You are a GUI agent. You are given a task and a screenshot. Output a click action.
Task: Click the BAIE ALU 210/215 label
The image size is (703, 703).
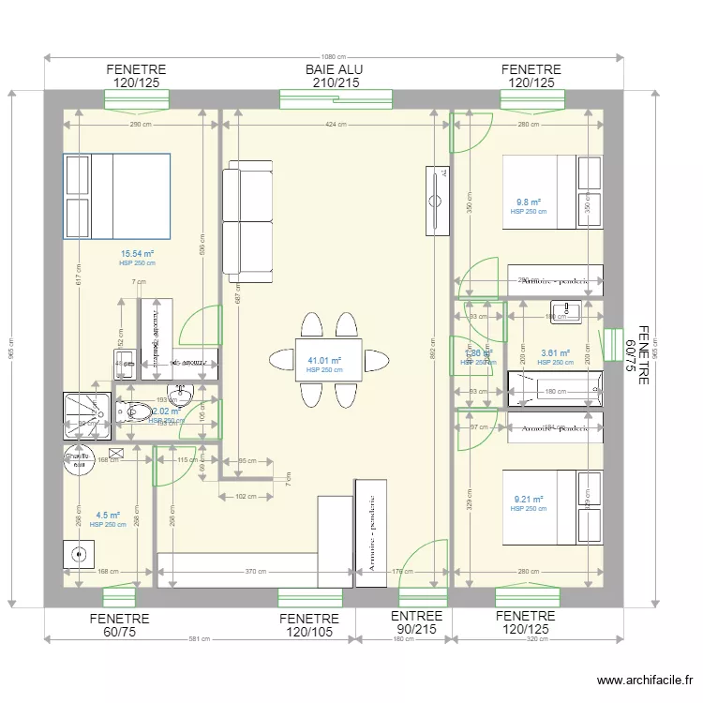(334, 77)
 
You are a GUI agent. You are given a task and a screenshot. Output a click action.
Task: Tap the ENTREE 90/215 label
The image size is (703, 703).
(416, 623)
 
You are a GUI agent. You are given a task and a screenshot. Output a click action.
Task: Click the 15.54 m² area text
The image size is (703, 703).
(137, 254)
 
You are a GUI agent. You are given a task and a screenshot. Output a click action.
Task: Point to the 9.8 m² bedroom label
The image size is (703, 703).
(529, 202)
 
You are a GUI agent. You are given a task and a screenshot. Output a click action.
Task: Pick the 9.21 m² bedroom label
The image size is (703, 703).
(529, 500)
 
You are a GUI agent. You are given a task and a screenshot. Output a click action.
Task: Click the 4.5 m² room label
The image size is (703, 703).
(108, 515)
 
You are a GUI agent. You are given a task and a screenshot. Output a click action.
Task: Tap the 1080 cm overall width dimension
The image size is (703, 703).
(334, 55)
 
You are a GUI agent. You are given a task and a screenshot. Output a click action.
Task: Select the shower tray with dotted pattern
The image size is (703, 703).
(87, 413)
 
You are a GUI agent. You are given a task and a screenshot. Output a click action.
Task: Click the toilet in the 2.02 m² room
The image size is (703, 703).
(136, 411)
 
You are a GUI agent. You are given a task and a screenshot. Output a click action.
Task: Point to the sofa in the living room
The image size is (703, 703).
(248, 219)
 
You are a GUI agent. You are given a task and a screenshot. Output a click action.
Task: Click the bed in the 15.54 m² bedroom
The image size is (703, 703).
(116, 196)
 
